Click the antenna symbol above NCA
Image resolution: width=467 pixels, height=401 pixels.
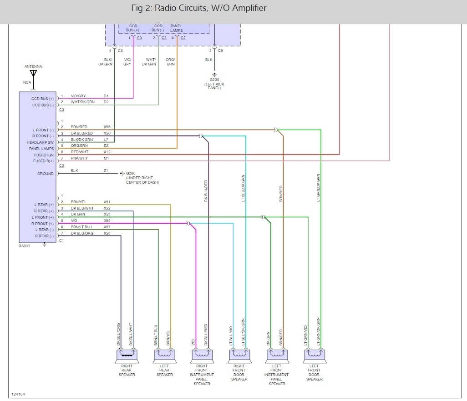(x=33, y=74)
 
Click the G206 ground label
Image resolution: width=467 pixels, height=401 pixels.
(x=131, y=173)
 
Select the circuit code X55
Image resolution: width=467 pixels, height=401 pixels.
(x=107, y=127)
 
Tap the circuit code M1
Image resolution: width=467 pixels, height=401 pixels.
(x=106, y=158)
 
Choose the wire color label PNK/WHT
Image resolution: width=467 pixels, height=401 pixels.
(x=79, y=158)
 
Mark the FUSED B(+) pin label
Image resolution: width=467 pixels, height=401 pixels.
(x=43, y=161)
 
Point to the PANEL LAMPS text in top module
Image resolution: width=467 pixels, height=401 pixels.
(x=177, y=28)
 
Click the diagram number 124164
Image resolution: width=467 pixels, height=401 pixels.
(x=18, y=394)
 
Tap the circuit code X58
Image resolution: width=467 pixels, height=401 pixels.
(x=107, y=233)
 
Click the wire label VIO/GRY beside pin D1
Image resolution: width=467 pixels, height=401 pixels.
(x=78, y=96)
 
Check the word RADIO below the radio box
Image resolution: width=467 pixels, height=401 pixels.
(x=25, y=246)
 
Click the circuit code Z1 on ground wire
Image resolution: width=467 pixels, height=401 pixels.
(x=106, y=170)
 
